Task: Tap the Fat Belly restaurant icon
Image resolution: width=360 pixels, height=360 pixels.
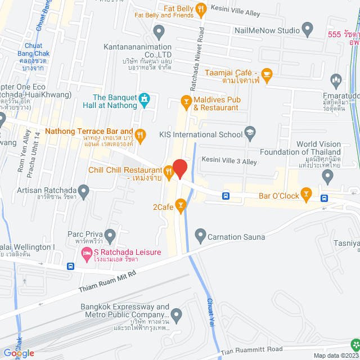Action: pos(200,8)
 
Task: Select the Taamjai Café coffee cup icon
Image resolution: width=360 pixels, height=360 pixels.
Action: pos(267,73)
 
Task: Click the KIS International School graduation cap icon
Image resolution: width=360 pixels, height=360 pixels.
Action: pos(249,134)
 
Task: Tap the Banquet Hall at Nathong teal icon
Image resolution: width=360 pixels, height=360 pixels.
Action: pos(145,101)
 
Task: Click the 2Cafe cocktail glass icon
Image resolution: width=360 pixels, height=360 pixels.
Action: pos(180,206)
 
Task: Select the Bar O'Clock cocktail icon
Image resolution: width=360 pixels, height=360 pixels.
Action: pos(306,195)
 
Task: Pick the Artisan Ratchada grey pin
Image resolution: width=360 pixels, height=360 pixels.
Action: pos(84,192)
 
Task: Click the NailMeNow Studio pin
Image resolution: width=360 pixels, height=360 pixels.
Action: pos(307,28)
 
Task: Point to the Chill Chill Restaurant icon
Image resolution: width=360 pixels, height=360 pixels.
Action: pos(168,170)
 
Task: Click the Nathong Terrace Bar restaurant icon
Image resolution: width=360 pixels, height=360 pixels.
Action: pos(141,134)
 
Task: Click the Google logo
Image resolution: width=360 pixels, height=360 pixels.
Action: pos(19,353)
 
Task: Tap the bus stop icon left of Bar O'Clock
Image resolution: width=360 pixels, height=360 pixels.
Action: pos(226,196)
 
